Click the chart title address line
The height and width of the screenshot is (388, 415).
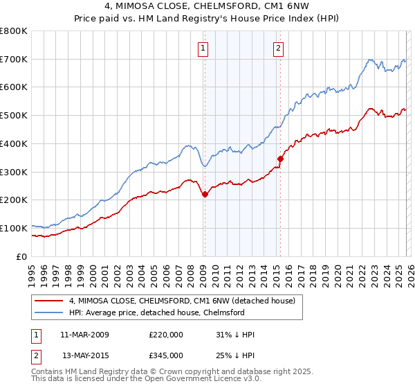pyautogui.click(x=207, y=6)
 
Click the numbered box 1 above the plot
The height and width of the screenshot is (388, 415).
pyautogui.click(x=203, y=48)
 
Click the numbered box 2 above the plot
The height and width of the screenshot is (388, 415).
pyautogui.click(x=278, y=48)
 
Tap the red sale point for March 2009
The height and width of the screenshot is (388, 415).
pyautogui.click(x=205, y=195)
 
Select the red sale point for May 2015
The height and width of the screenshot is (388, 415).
pyautogui.click(x=280, y=159)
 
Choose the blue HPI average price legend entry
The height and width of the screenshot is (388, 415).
pyautogui.click(x=156, y=312)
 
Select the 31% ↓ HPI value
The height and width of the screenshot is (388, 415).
pyautogui.click(x=235, y=335)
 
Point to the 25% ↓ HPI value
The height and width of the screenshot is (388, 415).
pyautogui.click(x=235, y=355)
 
